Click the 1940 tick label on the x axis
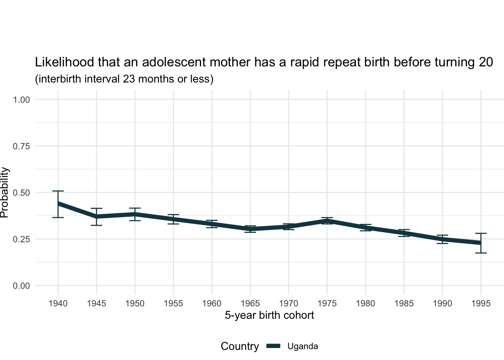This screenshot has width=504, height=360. pyautogui.click(x=58, y=303)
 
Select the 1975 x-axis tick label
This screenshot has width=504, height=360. pyautogui.click(x=327, y=303)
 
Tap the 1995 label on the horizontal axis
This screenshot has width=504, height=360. pyautogui.click(x=481, y=303)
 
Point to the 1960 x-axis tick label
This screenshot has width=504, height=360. pyautogui.click(x=212, y=303)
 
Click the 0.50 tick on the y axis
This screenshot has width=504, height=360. pyautogui.click(x=21, y=193)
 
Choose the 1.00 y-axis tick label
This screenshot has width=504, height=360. pyautogui.click(x=21, y=100)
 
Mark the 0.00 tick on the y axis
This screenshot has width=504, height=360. pyautogui.click(x=21, y=286)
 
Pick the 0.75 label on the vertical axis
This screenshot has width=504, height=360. pyautogui.click(x=21, y=146)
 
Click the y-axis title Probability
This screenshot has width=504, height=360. pyautogui.click(x=4, y=192)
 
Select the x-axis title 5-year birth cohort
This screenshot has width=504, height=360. pyautogui.click(x=269, y=315)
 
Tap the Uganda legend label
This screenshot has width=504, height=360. pyautogui.click(x=303, y=346)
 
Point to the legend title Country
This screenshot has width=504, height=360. pyautogui.click(x=240, y=346)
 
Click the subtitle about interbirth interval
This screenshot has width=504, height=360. pyautogui.click(x=124, y=79)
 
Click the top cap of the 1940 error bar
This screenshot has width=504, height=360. pyautogui.click(x=58, y=191)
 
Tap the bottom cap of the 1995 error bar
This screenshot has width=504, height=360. pyautogui.click(x=481, y=253)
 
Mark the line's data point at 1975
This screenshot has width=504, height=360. pyautogui.click(x=327, y=221)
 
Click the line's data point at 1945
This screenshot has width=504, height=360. pyautogui.click(x=96, y=216)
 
